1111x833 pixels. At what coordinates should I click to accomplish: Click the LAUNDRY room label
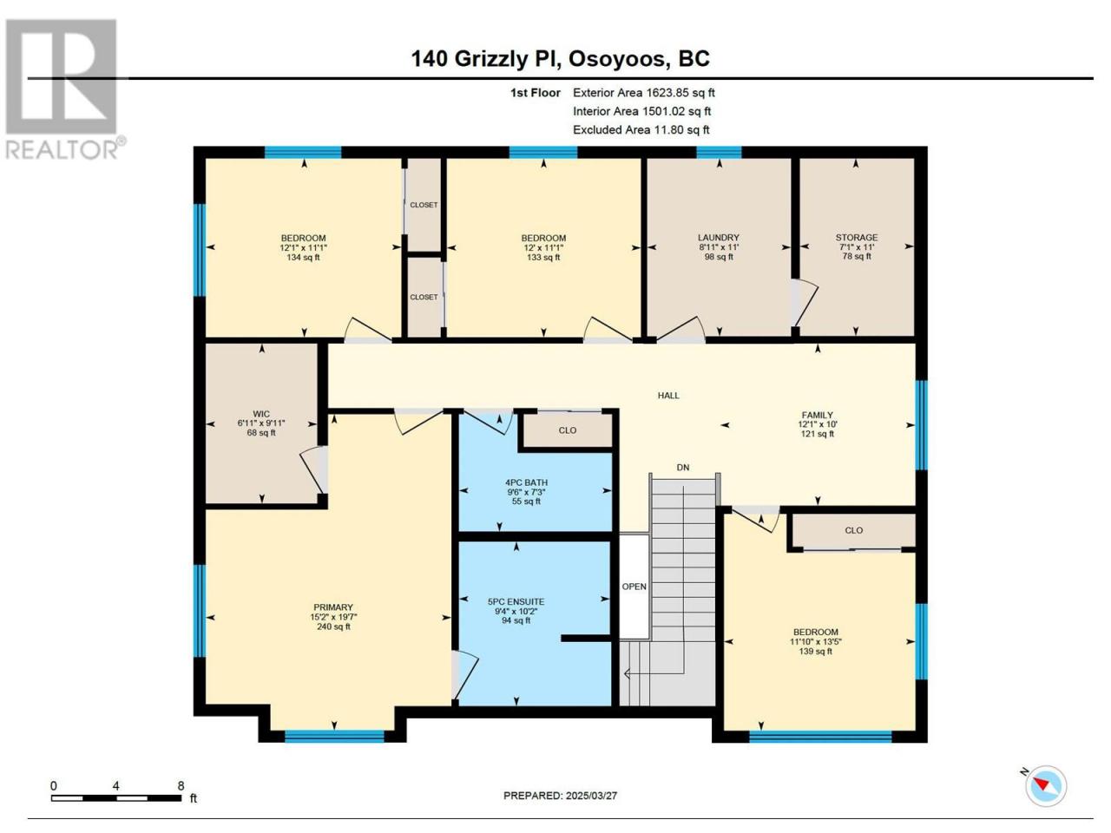click(x=718, y=237)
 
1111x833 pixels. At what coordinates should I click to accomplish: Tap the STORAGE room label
click(x=857, y=237)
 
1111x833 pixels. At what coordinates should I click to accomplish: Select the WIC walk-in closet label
click(x=261, y=414)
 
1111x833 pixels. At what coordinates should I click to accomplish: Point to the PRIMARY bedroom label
click(x=333, y=607)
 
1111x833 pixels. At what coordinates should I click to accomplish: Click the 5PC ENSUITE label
click(x=516, y=601)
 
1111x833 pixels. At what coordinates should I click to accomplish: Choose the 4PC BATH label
click(x=526, y=482)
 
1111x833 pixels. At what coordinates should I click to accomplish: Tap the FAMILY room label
click(x=817, y=415)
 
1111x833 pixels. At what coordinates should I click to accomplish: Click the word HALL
click(x=668, y=396)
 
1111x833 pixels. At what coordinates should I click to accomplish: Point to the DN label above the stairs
click(x=683, y=468)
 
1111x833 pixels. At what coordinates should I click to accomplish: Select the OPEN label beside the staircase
click(x=634, y=587)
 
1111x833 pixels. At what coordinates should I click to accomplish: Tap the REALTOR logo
click(x=64, y=89)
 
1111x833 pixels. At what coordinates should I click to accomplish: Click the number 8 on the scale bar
click(x=181, y=785)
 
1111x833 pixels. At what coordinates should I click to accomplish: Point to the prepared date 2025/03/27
click(x=591, y=796)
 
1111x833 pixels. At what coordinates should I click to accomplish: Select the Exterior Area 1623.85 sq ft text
click(x=644, y=93)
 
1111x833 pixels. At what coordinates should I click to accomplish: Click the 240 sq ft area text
click(x=333, y=626)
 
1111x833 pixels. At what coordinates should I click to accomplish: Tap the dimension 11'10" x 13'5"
click(x=815, y=641)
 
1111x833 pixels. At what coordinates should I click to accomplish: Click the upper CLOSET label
click(x=424, y=205)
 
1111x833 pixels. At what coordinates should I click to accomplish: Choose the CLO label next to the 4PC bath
click(x=568, y=430)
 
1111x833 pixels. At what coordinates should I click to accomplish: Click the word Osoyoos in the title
click(x=617, y=59)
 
